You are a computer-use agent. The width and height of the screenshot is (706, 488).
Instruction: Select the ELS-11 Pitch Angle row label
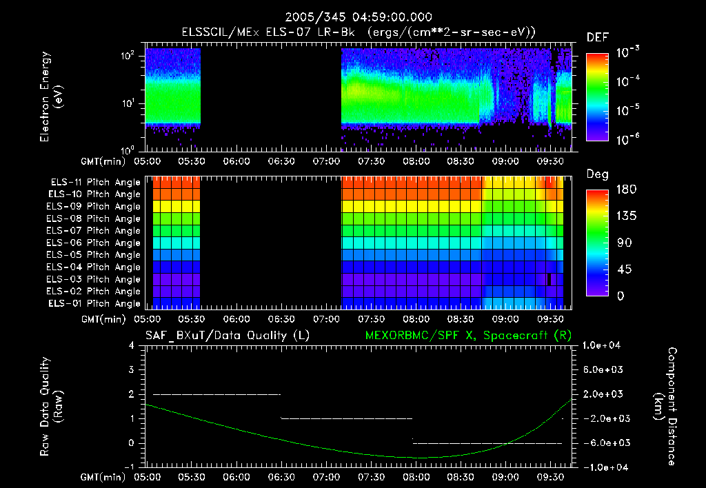tap(96, 182)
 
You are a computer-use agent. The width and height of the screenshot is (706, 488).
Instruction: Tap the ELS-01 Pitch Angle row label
tap(96, 303)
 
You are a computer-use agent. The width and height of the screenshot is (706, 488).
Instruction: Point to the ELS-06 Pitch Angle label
tap(96, 243)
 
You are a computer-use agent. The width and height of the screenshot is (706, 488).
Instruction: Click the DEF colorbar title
tap(597, 38)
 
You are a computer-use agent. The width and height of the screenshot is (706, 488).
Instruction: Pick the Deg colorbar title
tap(597, 174)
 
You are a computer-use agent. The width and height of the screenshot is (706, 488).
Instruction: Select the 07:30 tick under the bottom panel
tap(373, 476)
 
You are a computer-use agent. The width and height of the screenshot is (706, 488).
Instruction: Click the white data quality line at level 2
tap(216, 394)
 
